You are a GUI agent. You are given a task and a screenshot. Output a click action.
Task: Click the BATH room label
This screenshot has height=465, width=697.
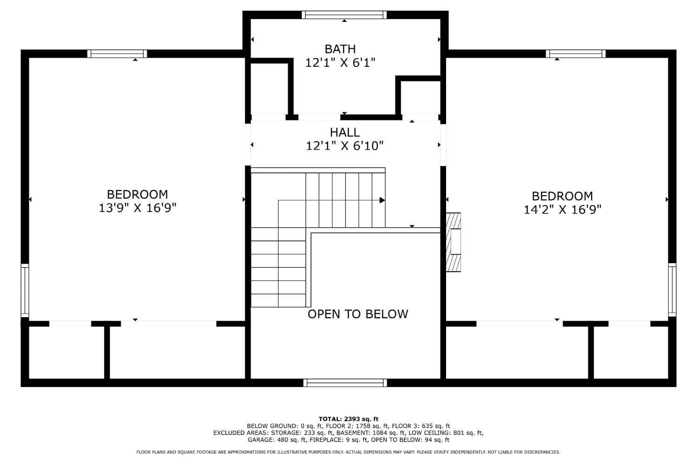[340, 49]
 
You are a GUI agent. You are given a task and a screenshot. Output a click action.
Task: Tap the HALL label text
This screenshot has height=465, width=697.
[345, 133]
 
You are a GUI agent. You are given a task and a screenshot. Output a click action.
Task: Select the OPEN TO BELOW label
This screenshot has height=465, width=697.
[358, 314]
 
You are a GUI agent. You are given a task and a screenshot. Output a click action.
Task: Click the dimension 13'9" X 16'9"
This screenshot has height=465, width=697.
[138, 208]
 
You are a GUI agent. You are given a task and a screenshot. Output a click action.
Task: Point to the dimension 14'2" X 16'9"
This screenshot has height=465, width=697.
[563, 210]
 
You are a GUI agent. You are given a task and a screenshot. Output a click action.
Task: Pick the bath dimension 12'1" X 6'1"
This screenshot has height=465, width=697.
[340, 63]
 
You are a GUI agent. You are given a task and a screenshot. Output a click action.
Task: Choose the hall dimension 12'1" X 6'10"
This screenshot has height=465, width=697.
[345, 146]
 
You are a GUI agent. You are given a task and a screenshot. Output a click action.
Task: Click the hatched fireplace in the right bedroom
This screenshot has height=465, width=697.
[454, 242]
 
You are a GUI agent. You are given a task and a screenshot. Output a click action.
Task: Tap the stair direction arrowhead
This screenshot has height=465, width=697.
[382, 200]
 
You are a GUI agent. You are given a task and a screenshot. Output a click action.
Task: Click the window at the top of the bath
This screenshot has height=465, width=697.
[344, 14]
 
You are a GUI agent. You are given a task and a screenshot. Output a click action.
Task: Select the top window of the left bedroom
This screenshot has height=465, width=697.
[117, 53]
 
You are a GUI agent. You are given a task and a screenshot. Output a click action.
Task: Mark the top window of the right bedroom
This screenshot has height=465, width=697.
[576, 53]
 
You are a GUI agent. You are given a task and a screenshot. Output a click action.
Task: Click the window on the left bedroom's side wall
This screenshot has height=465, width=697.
[25, 291]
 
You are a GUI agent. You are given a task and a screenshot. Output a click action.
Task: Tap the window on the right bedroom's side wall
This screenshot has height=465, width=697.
[672, 290]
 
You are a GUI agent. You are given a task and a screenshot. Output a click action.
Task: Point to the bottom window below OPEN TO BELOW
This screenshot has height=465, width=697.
[345, 383]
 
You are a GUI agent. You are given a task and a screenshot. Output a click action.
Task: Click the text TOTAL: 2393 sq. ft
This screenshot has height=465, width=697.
[348, 419]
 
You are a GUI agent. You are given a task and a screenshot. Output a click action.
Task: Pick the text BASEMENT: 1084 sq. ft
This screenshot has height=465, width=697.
[371, 433]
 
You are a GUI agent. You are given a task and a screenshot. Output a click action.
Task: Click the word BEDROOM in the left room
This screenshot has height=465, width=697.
[138, 194]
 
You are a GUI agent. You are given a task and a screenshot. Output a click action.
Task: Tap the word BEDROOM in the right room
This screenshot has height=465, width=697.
[563, 196]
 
